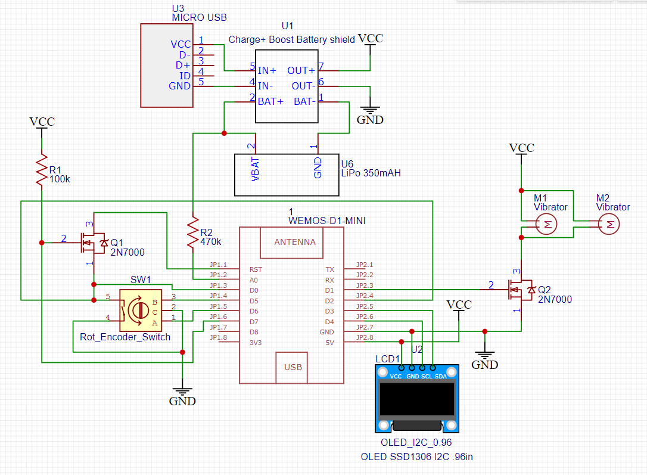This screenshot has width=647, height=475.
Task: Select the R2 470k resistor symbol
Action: (193, 234)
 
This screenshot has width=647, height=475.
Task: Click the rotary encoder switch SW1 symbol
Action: (141, 310)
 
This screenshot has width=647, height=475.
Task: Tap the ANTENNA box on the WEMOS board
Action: (294, 243)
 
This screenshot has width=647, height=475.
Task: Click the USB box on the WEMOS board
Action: (293, 367)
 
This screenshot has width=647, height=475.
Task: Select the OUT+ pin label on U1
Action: (301, 71)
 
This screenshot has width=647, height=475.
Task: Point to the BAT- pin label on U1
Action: (304, 102)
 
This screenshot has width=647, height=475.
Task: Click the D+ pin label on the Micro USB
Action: (183, 65)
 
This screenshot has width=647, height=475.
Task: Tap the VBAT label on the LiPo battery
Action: (256, 168)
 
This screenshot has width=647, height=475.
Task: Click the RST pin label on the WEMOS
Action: (255, 269)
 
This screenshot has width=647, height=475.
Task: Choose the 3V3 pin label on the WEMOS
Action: (255, 343)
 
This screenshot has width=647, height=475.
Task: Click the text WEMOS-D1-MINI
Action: (327, 221)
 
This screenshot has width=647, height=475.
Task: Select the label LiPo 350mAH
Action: (371, 173)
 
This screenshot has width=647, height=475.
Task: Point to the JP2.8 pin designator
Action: (364, 338)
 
